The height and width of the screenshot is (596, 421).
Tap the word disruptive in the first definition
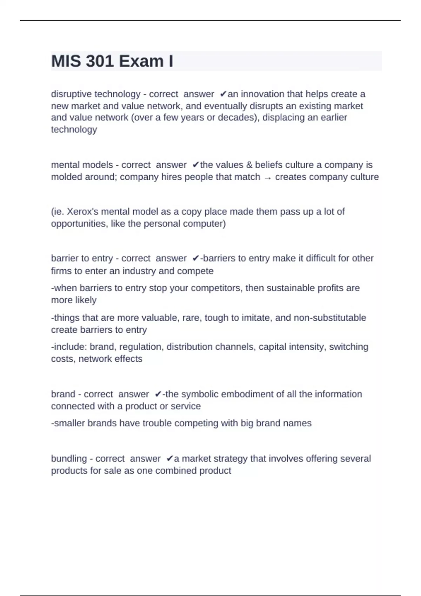(71, 94)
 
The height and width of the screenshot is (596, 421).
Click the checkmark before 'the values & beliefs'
(196, 165)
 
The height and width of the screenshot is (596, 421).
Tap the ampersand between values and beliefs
(249, 165)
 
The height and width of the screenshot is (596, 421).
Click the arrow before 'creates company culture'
(267, 177)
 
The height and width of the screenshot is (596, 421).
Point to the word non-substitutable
(330, 318)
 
